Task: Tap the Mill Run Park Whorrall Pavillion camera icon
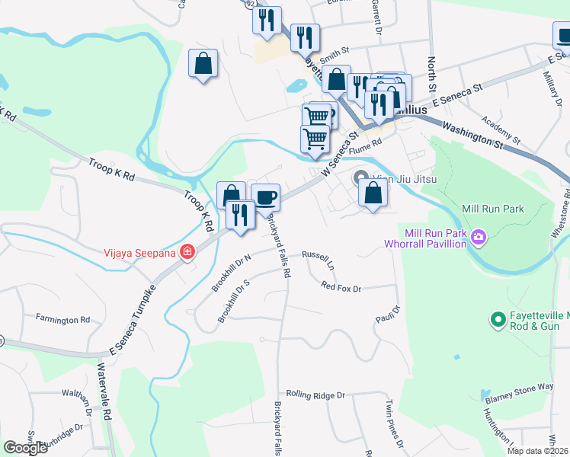(479, 238)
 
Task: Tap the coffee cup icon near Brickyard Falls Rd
(265, 198)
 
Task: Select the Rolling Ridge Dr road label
(316, 395)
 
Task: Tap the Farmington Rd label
(68, 320)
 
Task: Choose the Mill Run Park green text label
(492, 209)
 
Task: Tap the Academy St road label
(501, 130)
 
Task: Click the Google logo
(25, 448)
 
